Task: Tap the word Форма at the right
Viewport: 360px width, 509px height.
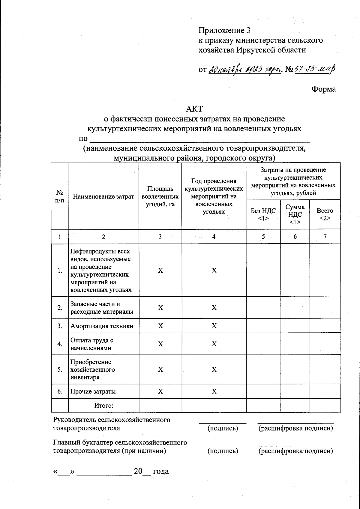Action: point(323,89)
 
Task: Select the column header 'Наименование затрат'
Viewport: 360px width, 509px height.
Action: point(103,197)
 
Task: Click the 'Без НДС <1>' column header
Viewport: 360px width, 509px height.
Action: point(263,214)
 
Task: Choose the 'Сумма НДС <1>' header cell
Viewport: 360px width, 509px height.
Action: point(295,214)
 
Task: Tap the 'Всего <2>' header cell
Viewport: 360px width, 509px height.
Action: point(325,214)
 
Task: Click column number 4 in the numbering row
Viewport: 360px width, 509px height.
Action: point(214,237)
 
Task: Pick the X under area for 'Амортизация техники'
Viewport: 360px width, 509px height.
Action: point(160,326)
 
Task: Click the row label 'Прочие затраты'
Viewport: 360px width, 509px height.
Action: point(93,391)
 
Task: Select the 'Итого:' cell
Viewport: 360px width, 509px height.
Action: point(103,406)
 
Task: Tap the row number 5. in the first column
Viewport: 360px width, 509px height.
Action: point(60,370)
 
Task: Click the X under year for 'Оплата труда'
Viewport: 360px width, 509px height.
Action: point(214,344)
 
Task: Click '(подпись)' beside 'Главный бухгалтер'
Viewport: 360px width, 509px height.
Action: point(223,451)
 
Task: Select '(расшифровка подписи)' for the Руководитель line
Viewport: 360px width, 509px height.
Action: point(295,428)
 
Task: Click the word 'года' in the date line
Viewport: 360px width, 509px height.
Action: point(161,471)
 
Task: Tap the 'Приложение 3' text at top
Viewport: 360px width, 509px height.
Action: point(224,30)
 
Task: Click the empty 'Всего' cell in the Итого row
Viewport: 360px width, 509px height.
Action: point(325,406)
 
